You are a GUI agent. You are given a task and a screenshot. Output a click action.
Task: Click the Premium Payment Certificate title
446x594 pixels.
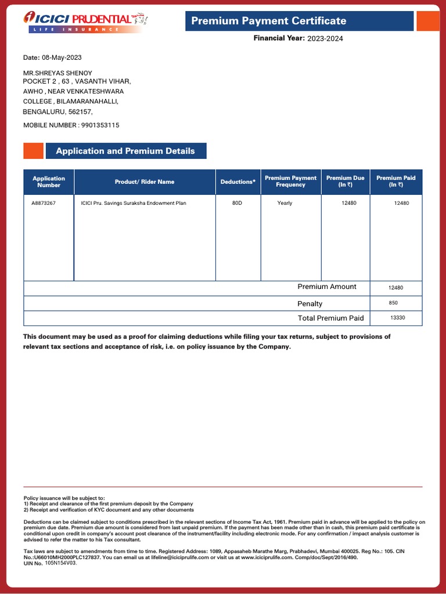click(268, 21)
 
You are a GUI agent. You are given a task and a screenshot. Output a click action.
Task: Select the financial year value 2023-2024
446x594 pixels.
click(329, 39)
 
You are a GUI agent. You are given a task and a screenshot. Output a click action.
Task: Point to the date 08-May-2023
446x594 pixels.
click(62, 57)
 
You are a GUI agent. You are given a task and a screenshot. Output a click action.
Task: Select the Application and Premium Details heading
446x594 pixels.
click(125, 151)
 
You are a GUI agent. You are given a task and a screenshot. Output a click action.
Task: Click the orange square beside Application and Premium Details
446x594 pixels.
click(33, 151)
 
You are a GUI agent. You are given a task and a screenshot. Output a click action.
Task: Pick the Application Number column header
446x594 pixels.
click(49, 182)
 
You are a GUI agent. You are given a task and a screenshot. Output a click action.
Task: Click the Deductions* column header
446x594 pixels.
click(238, 182)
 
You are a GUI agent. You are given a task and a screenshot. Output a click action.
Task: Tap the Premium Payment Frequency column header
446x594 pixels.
click(290, 182)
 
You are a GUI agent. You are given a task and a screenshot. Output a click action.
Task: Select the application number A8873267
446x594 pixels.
click(44, 203)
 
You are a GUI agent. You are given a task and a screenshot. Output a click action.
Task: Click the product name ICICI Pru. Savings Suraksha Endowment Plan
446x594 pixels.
click(134, 203)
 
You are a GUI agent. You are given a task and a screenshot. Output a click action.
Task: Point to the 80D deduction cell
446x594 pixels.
click(237, 203)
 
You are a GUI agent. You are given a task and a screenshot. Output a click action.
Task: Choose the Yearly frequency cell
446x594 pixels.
click(285, 203)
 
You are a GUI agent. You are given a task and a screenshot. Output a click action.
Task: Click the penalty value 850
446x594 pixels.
click(394, 303)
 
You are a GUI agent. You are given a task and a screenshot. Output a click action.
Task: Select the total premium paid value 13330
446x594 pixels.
click(398, 318)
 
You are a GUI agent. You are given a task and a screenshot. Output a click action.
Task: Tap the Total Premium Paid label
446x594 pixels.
click(330, 318)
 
